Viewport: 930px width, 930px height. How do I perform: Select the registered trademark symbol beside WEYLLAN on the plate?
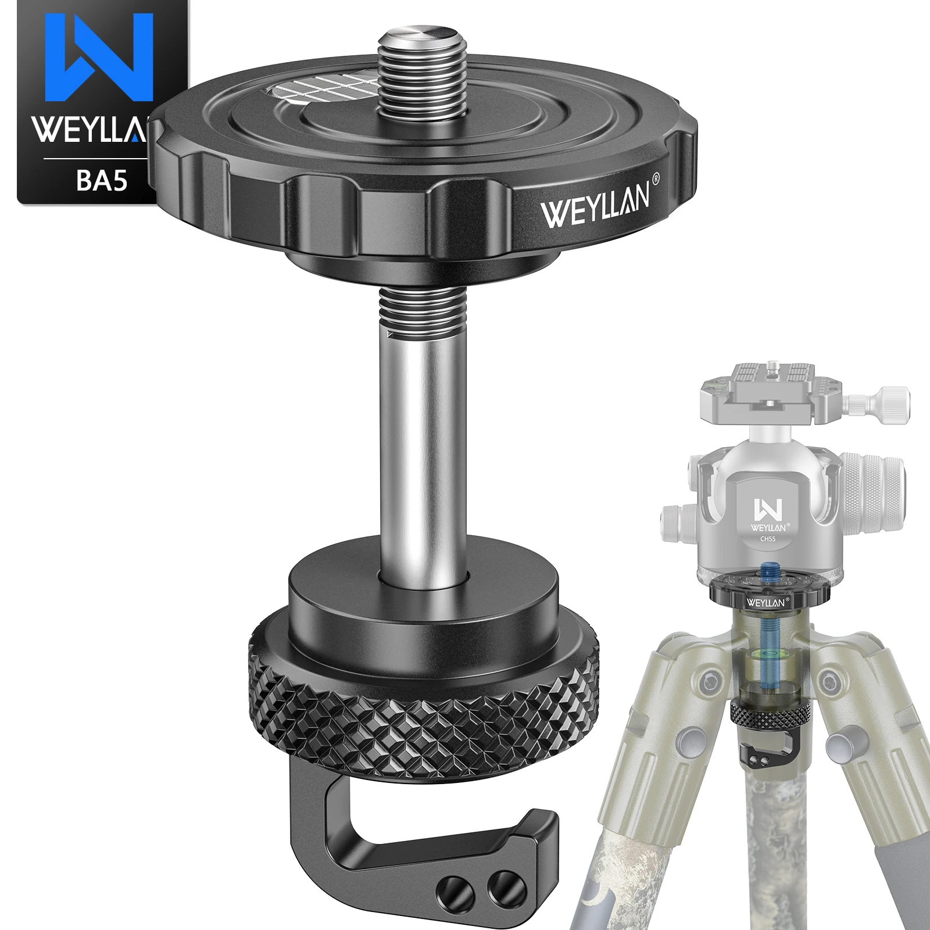pyautogui.click(x=656, y=181)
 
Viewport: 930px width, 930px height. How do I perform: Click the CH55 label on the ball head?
pyautogui.click(x=768, y=540)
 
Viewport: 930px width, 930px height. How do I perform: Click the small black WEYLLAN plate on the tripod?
pyautogui.click(x=766, y=602)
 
